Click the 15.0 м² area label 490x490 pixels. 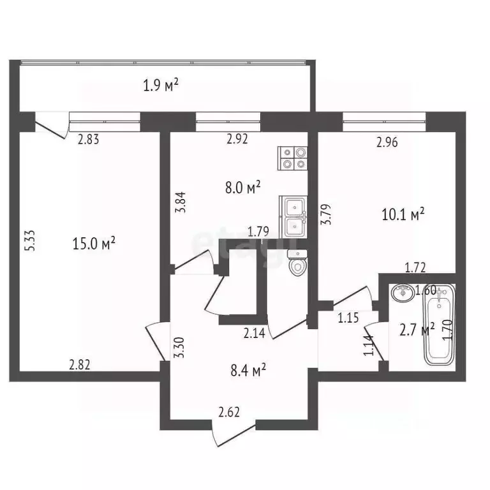pos(94,243)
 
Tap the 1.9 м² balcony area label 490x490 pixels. pos(161,85)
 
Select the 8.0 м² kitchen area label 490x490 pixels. pos(243,187)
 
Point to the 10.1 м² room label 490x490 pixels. pos(403,214)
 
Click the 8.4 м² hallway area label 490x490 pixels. pos(248,370)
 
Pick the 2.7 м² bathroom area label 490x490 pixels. pos(417,329)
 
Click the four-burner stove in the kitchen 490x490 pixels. pos(293,158)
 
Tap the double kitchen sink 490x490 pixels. pos(293,216)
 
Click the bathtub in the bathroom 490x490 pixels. pos(439,324)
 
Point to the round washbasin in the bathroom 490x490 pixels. pos(403,293)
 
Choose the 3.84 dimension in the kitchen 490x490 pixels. pos(181,202)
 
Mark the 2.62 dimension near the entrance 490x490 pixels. pos(229,412)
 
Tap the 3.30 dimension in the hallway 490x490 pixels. pos(181,348)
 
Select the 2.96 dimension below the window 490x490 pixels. pos(387,142)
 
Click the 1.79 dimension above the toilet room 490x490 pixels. pos(258,232)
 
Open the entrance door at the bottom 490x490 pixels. pos(234,434)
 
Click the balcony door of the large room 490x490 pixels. pos(52,126)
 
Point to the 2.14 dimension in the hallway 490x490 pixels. pos(255,333)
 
